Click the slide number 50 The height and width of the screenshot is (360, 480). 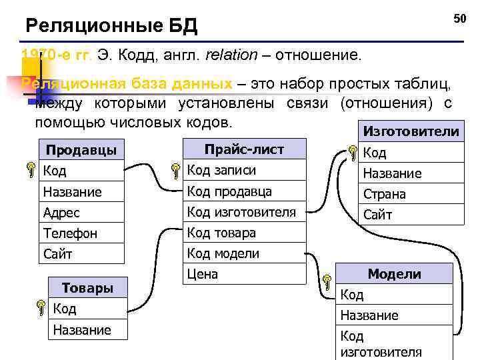[460, 19]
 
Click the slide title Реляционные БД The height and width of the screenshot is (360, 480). [111, 27]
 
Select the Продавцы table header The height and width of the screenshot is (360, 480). [81, 149]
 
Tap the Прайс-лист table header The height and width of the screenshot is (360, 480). [244, 149]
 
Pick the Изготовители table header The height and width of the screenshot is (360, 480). [409, 131]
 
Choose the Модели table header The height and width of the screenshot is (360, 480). [395, 273]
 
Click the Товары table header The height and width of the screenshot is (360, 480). [87, 288]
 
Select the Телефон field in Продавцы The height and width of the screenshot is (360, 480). [70, 233]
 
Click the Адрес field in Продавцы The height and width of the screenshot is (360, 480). [61, 213]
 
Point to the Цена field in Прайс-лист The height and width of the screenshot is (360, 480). [203, 274]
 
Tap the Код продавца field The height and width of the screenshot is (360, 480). [229, 191]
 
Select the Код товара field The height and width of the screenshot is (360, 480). [221, 233]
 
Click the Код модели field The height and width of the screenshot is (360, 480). [223, 253]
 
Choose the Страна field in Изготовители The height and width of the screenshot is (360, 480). [384, 194]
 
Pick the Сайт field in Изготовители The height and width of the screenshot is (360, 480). [377, 215]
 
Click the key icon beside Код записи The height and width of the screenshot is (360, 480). [175, 171]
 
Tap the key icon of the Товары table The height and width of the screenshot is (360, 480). [41, 309]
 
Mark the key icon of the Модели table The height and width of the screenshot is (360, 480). [327, 281]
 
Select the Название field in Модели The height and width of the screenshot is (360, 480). [369, 315]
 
